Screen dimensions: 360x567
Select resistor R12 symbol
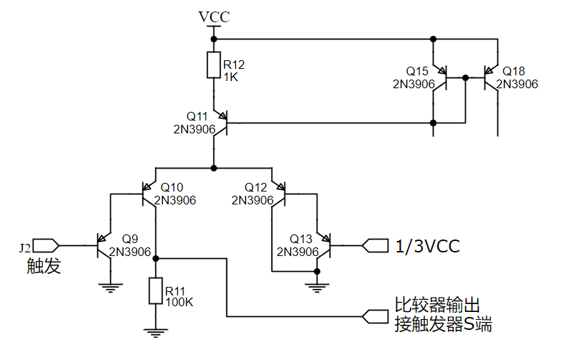coord(213,65)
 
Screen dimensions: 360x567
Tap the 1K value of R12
coord(231,76)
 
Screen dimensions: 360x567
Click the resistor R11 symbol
coord(156,291)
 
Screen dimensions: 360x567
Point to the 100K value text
coord(178,302)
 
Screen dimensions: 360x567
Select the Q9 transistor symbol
coord(105,246)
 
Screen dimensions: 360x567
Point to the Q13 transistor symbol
coord(323,246)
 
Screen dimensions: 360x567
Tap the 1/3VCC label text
coord(427,247)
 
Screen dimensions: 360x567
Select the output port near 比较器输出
coord(375,315)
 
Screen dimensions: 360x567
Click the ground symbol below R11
coord(156,332)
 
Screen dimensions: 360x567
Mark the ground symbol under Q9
coord(110,287)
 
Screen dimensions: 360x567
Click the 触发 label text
coord(44,267)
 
